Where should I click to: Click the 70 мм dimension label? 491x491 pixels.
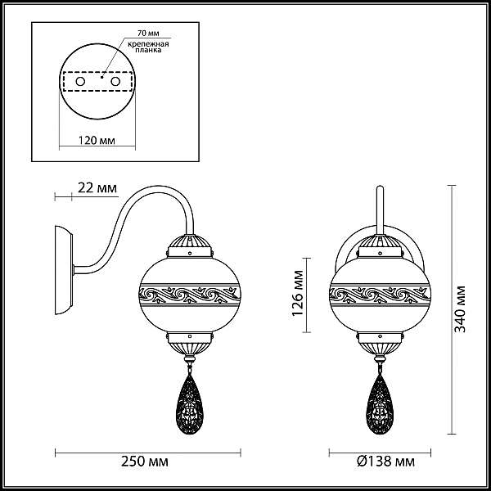148,33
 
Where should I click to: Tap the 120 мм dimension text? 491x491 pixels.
96,141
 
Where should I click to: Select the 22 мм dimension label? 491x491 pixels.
97,188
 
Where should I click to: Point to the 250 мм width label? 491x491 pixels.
145,462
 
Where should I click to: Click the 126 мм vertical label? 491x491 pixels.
298,293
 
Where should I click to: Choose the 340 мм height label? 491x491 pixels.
460,309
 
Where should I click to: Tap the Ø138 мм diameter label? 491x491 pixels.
385,462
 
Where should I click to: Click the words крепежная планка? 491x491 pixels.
148,47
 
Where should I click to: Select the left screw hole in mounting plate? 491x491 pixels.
80,82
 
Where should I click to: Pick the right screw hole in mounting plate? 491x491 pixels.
115,82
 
